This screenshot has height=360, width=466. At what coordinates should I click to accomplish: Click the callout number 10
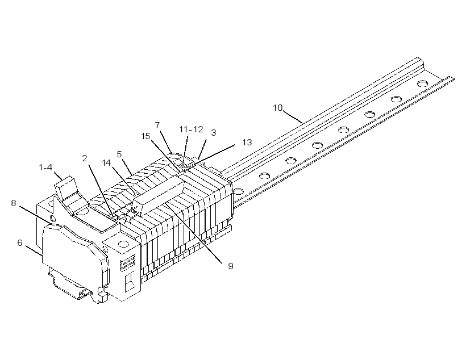coord(278,108)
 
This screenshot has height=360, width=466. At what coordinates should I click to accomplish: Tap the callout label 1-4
coord(45,168)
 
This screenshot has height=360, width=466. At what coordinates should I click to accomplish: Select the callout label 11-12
coord(191,129)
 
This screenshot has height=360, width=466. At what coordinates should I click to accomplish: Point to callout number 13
coord(247,143)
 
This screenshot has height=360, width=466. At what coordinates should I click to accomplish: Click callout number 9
coord(231,266)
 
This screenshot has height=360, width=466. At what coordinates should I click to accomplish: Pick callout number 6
coord(20,243)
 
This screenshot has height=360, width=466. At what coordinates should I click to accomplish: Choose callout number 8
coord(14,203)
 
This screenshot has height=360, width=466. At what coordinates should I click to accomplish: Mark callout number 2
coord(85,158)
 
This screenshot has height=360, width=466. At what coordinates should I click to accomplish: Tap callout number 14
coord(106,163)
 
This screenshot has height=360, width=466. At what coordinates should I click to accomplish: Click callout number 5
coord(119,154)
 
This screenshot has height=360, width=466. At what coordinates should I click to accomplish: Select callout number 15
coord(145,136)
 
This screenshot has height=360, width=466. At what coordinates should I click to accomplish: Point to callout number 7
coord(157,125)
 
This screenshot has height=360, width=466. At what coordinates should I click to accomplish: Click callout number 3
coord(213,133)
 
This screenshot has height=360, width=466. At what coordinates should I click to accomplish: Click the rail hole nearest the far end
coord(422,83)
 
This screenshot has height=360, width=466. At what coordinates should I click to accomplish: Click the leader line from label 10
coord(293,117)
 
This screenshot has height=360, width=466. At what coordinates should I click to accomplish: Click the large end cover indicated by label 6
coord(74,256)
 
